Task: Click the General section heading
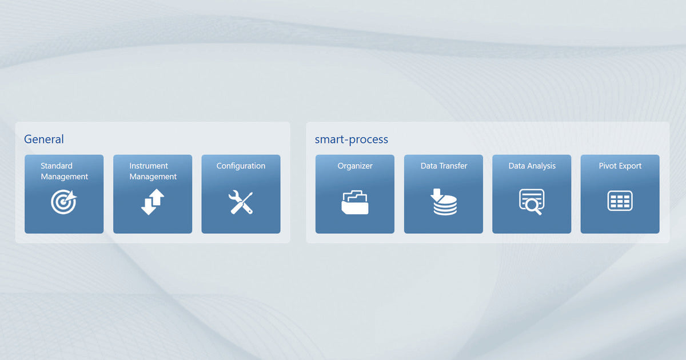[44, 139]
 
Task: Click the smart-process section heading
[351, 139]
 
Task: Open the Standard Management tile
[64, 194]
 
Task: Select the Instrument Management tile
[153, 194]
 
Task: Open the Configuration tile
[241, 194]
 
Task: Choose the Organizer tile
[355, 194]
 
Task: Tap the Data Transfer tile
[444, 194]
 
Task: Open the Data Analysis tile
[532, 194]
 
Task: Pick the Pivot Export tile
[620, 194]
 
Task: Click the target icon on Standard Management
[63, 202]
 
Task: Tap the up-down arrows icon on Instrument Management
[153, 202]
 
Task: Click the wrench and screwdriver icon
[241, 202]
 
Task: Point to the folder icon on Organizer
[355, 202]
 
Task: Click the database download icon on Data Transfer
[444, 202]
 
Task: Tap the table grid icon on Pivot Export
[620, 201]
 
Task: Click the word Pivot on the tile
[608, 166]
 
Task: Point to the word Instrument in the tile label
[149, 166]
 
